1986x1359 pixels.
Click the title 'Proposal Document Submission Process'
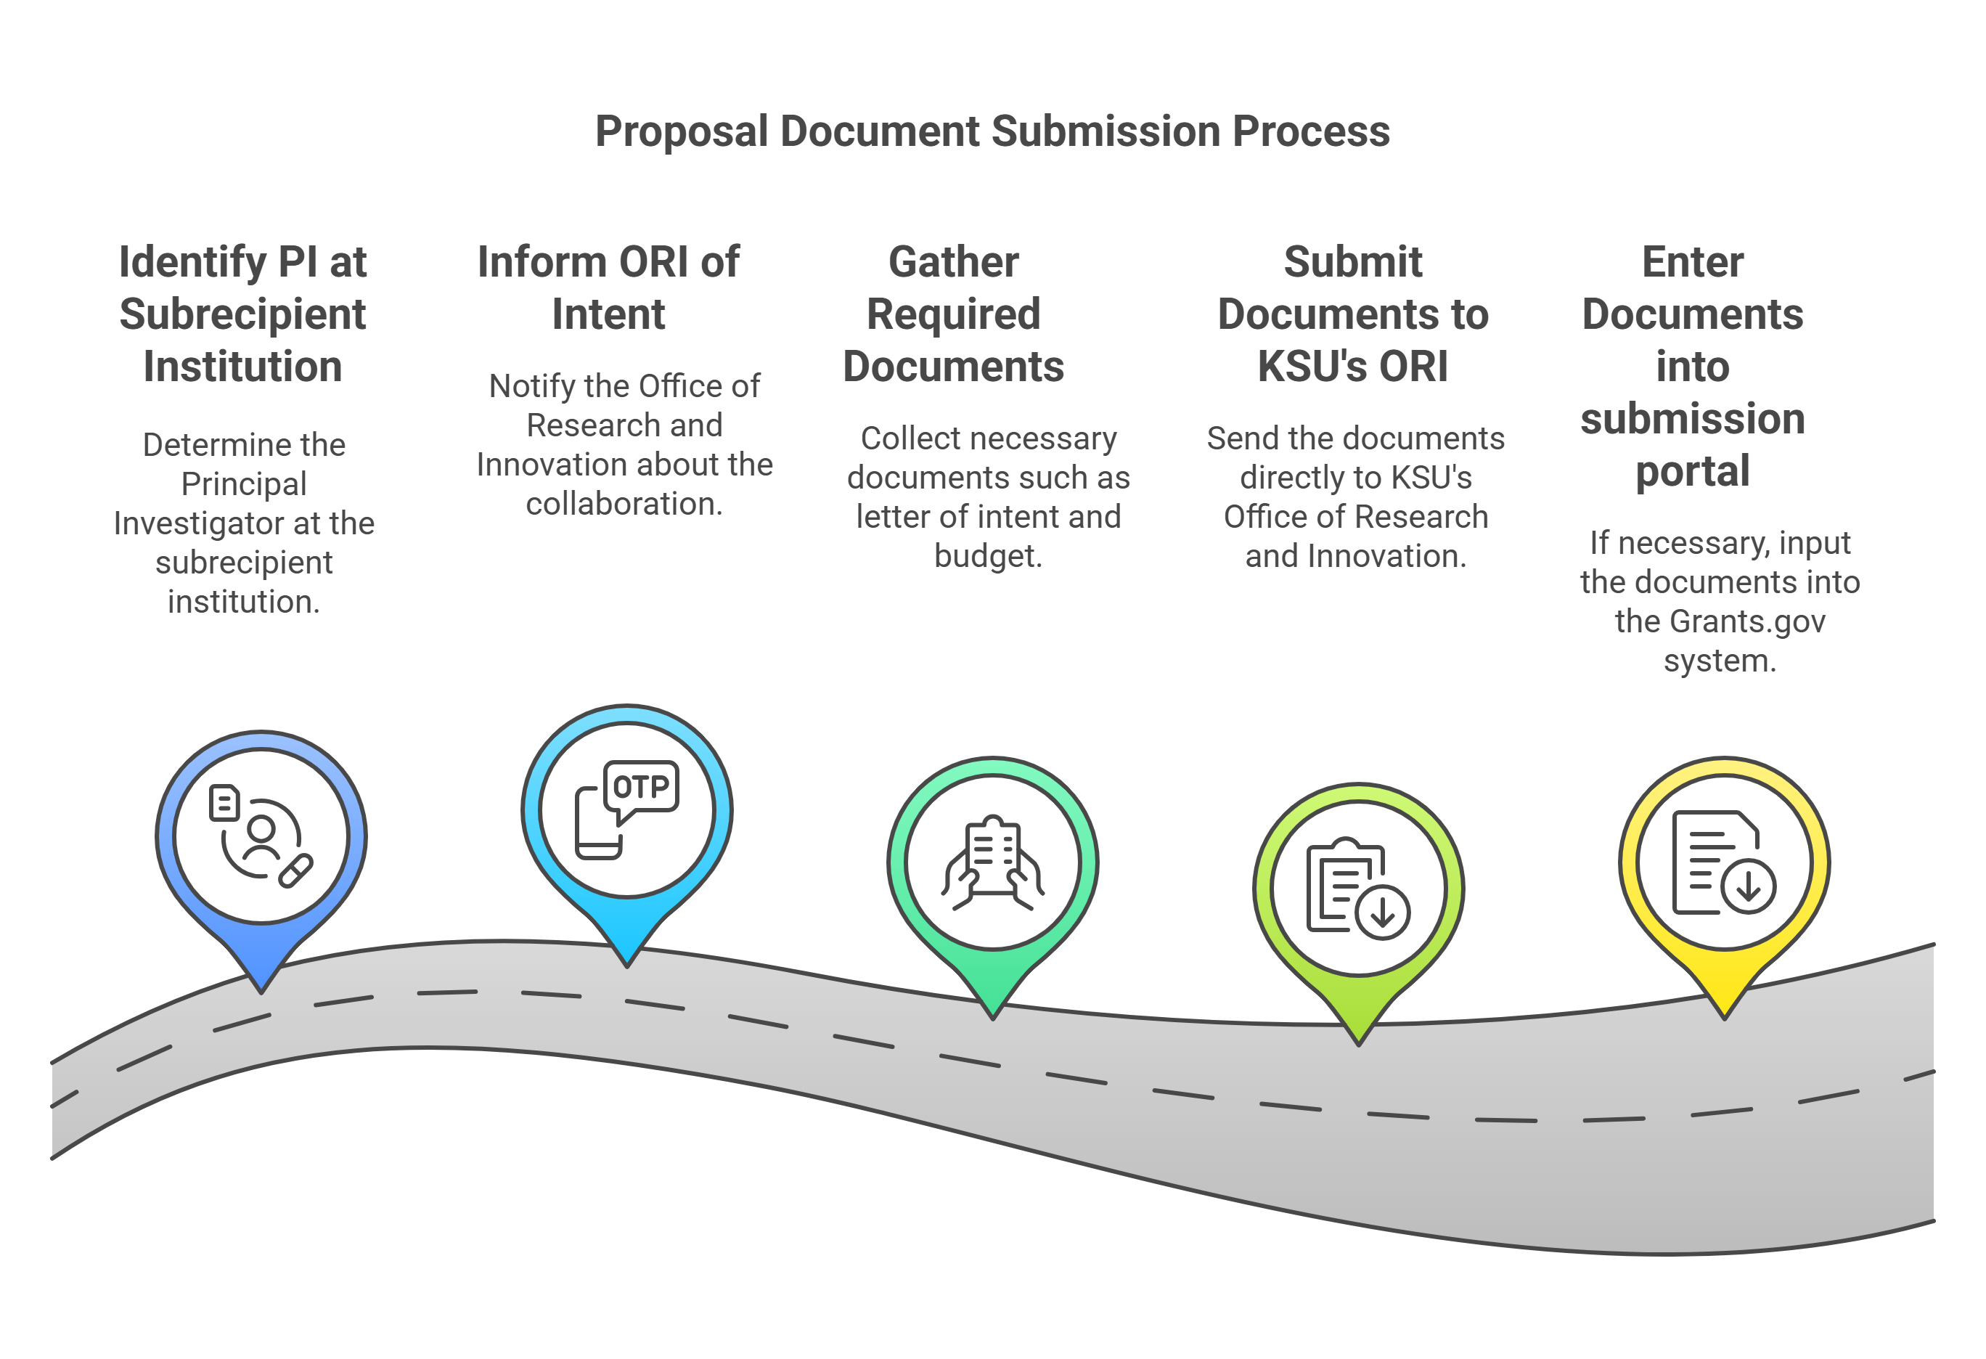(992, 131)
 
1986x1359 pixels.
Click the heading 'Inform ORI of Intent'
(608, 287)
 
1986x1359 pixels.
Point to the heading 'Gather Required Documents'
(954, 314)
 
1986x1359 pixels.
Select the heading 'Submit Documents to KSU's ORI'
(1353, 314)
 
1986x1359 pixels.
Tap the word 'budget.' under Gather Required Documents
(988, 556)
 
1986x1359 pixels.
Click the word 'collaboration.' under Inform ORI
(624, 505)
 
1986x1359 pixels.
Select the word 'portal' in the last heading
(1692, 471)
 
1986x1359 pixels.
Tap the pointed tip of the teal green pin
(993, 1016)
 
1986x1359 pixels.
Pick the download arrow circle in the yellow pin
(1749, 886)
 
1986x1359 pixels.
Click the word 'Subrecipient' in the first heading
(242, 314)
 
